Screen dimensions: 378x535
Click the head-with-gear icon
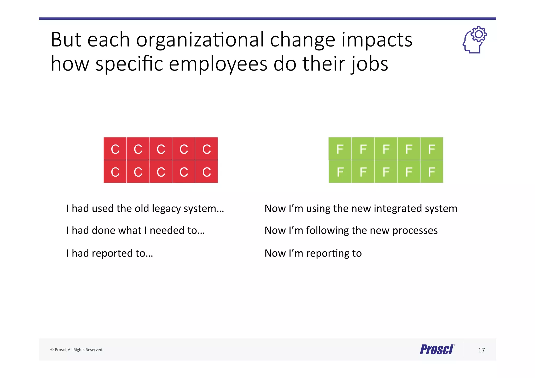click(474, 40)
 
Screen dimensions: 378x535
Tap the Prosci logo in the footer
click(437, 350)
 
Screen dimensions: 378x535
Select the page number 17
click(481, 350)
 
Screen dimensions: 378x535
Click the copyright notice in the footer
click(77, 350)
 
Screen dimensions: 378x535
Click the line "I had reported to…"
click(110, 253)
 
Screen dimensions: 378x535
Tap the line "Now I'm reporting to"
click(313, 253)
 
